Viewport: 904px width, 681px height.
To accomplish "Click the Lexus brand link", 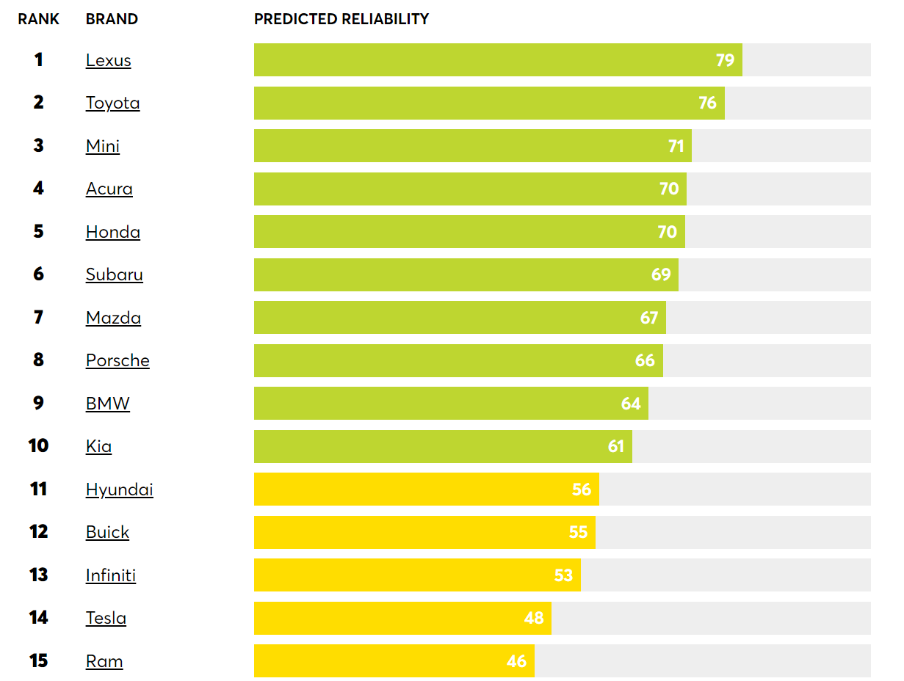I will tap(108, 60).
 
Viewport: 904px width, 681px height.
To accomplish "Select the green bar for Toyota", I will tap(488, 103).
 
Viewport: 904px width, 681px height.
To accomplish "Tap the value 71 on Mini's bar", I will tap(676, 146).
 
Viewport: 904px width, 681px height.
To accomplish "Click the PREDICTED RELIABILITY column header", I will tap(341, 19).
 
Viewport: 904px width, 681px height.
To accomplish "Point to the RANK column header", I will tap(38, 19).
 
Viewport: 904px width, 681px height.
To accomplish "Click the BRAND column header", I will tap(112, 19).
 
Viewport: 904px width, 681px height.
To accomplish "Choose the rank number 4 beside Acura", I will tap(38, 189).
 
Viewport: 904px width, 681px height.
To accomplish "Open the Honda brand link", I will tap(112, 232).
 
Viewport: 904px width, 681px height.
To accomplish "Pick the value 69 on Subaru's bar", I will tap(661, 274).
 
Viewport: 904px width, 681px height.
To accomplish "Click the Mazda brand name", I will tap(113, 318).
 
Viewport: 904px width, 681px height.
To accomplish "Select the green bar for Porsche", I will tap(458, 360).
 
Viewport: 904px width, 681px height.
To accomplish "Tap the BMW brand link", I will tap(107, 404).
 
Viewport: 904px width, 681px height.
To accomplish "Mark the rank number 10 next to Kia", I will tap(38, 446).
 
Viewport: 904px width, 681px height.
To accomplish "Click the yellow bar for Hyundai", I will tap(426, 489).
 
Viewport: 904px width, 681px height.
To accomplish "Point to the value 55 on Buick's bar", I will tap(578, 532).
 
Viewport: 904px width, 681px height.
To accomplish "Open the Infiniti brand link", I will tap(110, 575).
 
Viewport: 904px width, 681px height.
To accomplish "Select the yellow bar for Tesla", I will tap(402, 618).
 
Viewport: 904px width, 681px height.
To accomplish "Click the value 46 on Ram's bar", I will tap(516, 661).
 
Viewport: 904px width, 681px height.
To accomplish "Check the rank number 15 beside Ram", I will tap(38, 661).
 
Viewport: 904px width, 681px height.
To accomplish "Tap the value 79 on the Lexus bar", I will tap(725, 60).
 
